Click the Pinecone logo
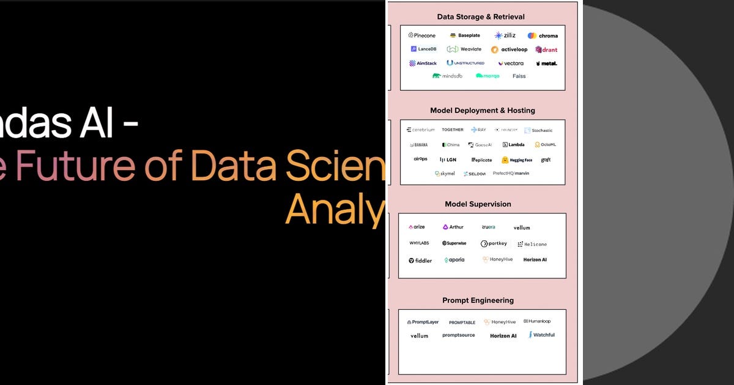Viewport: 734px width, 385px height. click(x=422, y=35)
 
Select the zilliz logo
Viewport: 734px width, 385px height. click(x=505, y=35)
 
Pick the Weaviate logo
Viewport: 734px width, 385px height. click(x=464, y=49)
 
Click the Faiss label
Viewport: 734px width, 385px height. click(x=519, y=76)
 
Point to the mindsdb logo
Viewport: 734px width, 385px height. click(x=447, y=76)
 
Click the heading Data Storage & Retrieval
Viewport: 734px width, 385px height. click(x=481, y=17)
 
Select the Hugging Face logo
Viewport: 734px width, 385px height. click(x=517, y=160)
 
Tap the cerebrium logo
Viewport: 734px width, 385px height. click(x=421, y=130)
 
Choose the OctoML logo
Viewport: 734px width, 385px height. click(x=546, y=145)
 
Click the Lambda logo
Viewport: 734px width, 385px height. click(x=514, y=145)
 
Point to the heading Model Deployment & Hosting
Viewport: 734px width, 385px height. click(x=482, y=111)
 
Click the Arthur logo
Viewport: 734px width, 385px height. click(x=453, y=227)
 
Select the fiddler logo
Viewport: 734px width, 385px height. click(x=420, y=260)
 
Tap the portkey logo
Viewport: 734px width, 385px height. click(x=494, y=244)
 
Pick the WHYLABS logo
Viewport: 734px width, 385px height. click(x=419, y=243)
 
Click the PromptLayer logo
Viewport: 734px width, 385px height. click(x=423, y=322)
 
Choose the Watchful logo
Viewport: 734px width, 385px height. click(x=542, y=335)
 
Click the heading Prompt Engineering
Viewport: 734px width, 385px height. click(x=478, y=301)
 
